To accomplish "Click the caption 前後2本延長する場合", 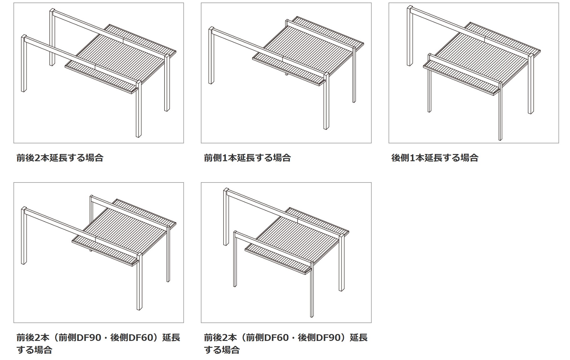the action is click(60, 157).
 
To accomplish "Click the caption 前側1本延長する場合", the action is click(247, 157).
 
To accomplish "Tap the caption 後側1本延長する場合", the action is click(435, 157).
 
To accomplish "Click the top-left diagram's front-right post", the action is click(139, 109).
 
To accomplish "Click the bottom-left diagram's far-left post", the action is click(24, 236).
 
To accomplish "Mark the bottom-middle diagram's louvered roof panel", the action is click(297, 241).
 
